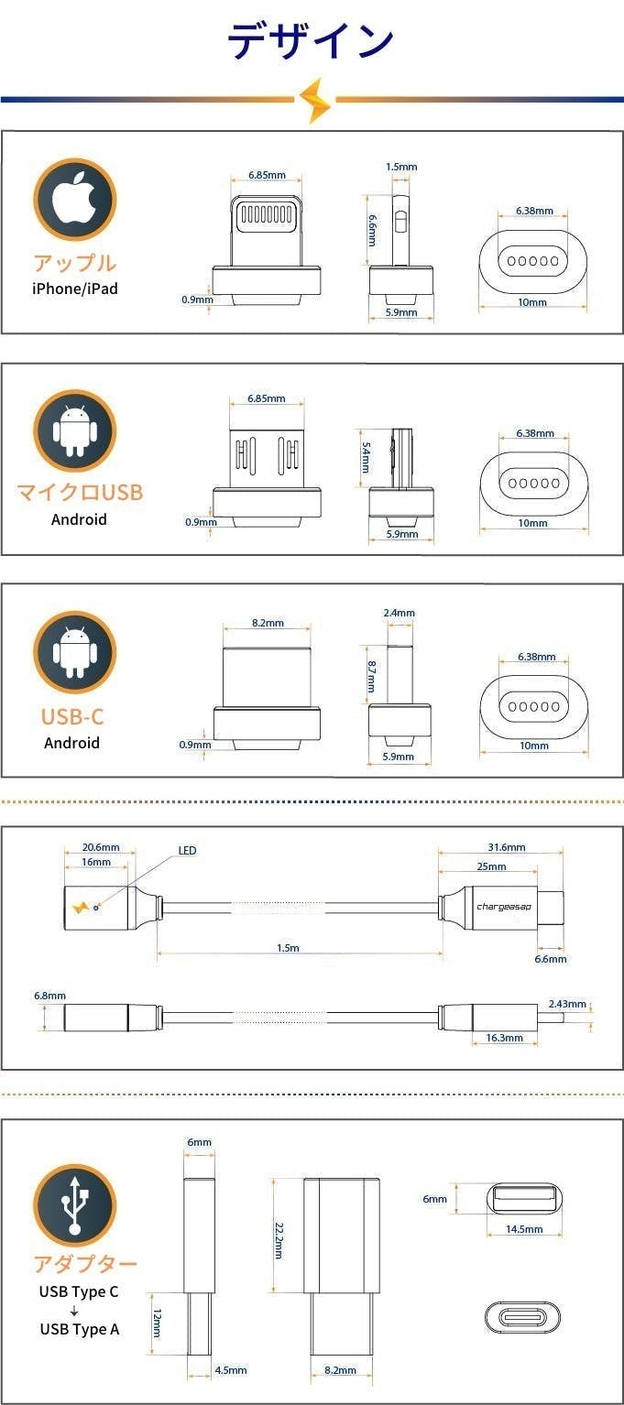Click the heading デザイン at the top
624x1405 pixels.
click(311, 40)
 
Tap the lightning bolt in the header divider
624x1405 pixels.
click(316, 100)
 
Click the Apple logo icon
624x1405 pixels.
click(74, 200)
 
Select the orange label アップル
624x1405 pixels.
click(74, 263)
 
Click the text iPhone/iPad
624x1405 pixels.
click(74, 289)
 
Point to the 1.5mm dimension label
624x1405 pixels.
click(401, 167)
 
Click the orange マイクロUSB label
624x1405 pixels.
click(80, 493)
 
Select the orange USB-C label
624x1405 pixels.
click(72, 716)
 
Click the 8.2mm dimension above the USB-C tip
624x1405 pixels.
click(267, 623)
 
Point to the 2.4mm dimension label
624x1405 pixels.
click(400, 613)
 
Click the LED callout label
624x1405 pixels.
click(187, 851)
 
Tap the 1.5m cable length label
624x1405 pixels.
click(288, 948)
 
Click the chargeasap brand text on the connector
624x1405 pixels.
click(504, 907)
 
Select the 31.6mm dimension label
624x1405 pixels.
click(507, 847)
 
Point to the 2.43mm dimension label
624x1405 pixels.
click(566, 1004)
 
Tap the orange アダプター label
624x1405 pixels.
click(85, 1264)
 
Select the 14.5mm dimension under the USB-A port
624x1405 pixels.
click(523, 1229)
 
